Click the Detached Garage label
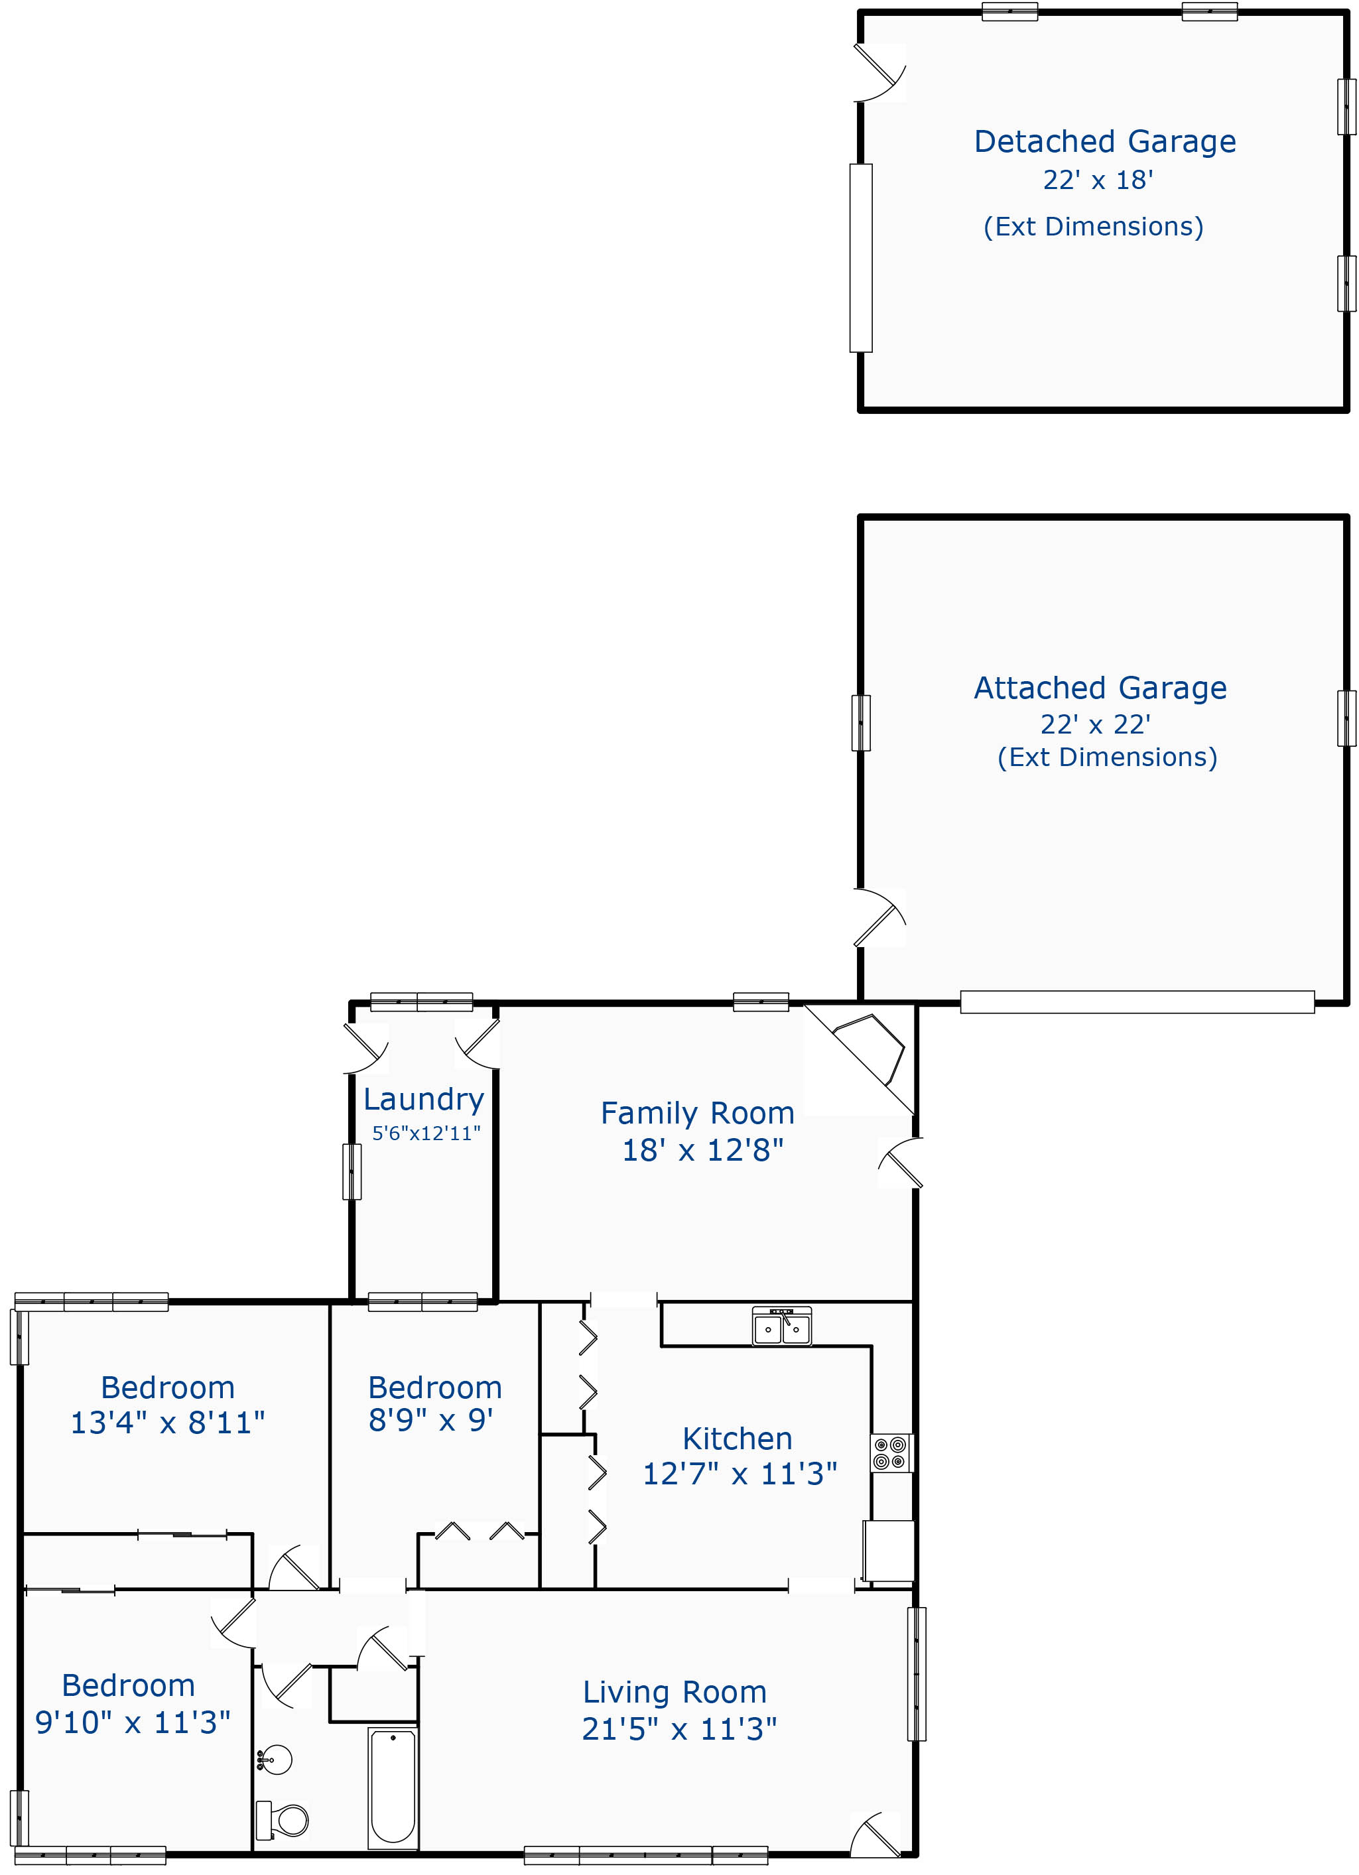point(1104,142)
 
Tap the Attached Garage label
point(1100,688)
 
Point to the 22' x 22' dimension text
point(1095,724)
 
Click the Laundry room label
point(424,1100)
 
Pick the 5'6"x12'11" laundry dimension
point(426,1133)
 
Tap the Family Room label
point(698,1113)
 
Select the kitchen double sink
point(782,1325)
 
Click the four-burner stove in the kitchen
point(892,1453)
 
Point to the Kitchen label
point(738,1439)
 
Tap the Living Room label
point(675,1693)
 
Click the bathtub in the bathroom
point(393,1787)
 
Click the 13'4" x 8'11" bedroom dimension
point(168,1423)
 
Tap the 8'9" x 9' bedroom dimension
point(430,1420)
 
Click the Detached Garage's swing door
point(879,73)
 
